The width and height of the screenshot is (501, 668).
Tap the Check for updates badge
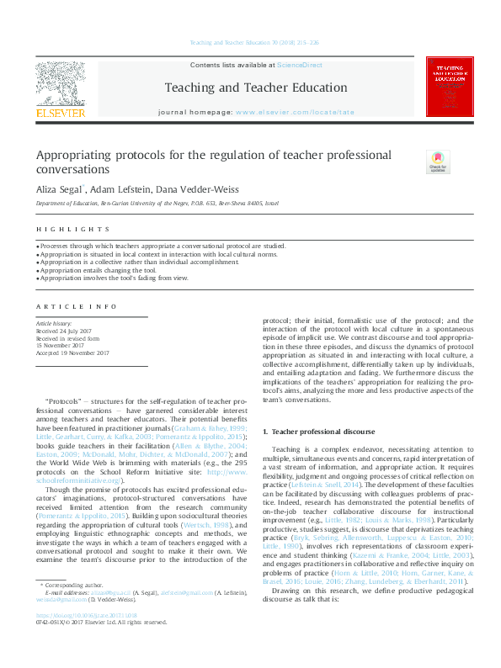(438, 162)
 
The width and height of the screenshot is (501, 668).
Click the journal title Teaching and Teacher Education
(255, 87)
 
